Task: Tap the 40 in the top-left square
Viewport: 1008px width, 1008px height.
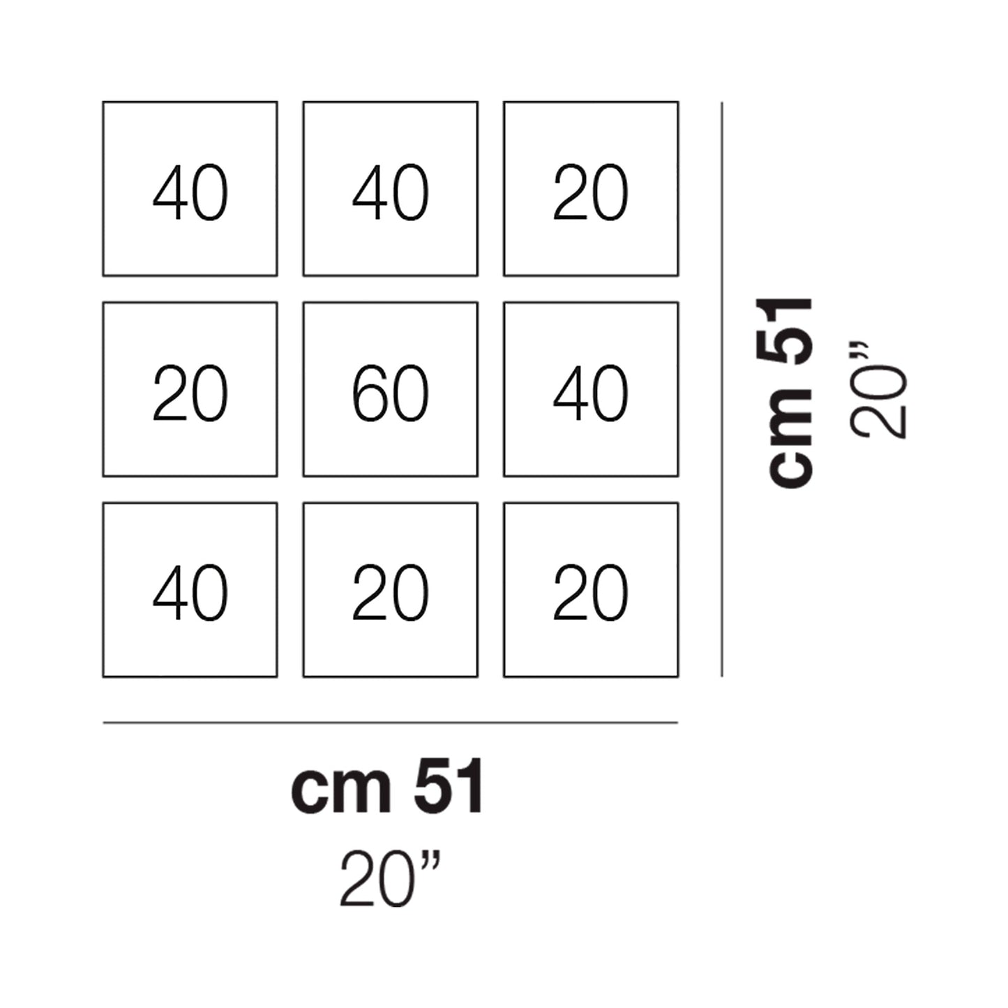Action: (190, 193)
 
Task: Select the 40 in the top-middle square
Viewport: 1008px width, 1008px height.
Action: (390, 193)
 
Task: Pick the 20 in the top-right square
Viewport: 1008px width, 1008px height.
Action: (590, 193)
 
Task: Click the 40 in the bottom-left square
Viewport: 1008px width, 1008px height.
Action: (190, 594)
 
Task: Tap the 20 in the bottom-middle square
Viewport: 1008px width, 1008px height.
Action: (390, 594)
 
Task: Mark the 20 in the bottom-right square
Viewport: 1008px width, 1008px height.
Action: (590, 594)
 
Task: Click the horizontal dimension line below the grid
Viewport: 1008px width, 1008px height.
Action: (390, 723)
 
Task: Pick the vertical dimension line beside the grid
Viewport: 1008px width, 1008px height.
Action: (721, 390)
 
